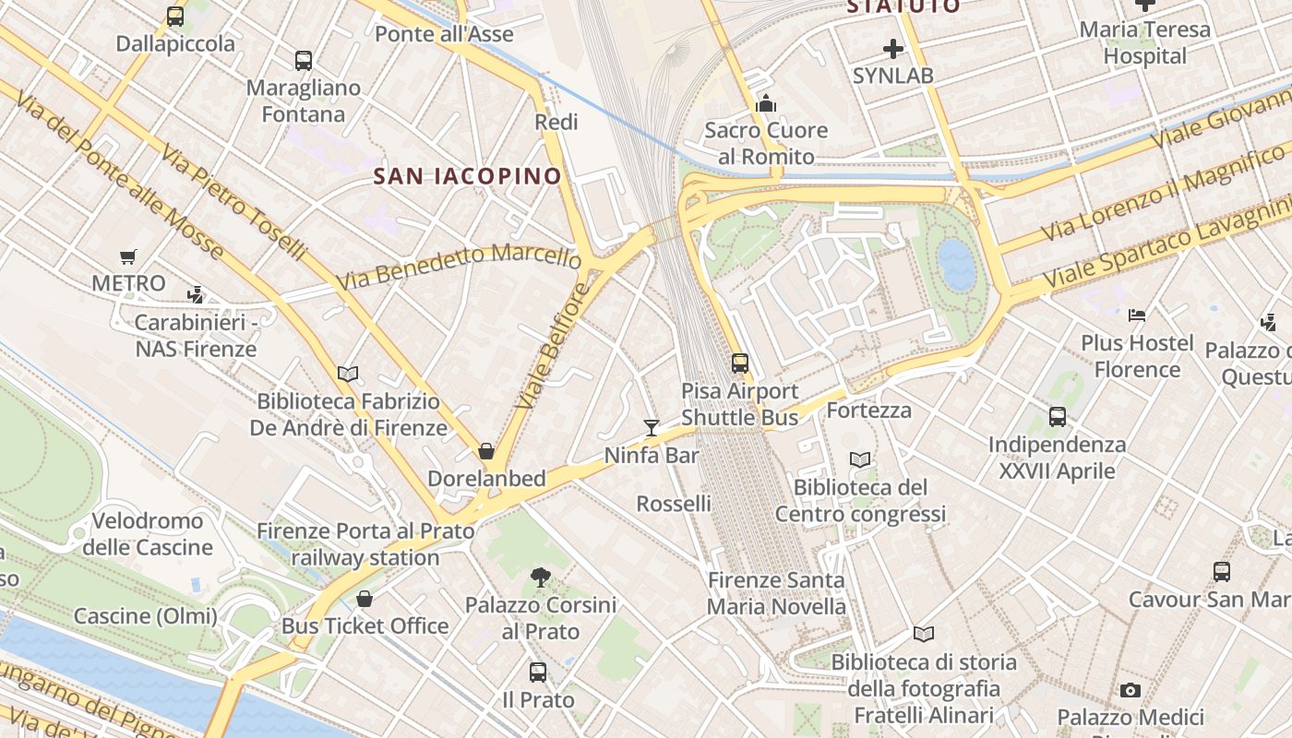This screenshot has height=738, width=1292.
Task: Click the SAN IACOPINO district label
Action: (467, 175)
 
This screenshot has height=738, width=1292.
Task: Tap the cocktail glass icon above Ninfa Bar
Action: (652, 427)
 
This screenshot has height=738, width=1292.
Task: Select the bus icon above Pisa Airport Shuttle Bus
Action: (739, 363)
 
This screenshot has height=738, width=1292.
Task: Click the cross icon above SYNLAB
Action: (892, 48)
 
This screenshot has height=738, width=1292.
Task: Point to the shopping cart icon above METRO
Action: (128, 256)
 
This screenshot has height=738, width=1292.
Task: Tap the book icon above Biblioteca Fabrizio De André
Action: (348, 374)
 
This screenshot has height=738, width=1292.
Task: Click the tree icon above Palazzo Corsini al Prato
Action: (541, 577)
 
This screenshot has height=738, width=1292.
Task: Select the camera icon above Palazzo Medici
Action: (1130, 690)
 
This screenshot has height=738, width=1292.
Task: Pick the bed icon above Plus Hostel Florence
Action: (1137, 315)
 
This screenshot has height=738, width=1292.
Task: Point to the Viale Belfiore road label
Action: (553, 346)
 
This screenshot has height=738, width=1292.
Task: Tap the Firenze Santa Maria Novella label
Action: (776, 593)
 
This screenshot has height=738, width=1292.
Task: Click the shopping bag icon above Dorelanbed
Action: (486, 451)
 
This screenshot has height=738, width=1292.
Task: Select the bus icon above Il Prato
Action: (538, 673)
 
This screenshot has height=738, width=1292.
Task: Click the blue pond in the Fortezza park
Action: (956, 265)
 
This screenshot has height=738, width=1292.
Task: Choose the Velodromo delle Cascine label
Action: (148, 534)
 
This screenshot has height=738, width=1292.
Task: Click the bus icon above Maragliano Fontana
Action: (304, 61)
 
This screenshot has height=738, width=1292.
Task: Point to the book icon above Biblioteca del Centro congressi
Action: (860, 459)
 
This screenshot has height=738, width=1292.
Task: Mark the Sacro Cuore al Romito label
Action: (766, 143)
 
